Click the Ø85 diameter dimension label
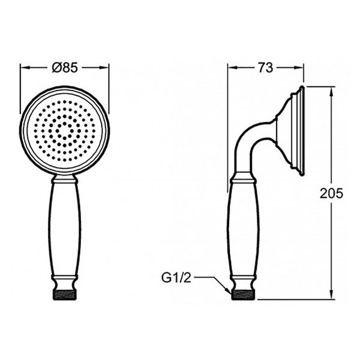point(65,67)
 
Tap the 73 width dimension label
point(266,67)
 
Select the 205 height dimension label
point(331,193)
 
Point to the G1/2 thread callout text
point(176,278)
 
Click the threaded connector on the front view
point(64,295)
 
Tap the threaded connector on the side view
point(243,295)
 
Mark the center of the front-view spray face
point(65,131)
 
